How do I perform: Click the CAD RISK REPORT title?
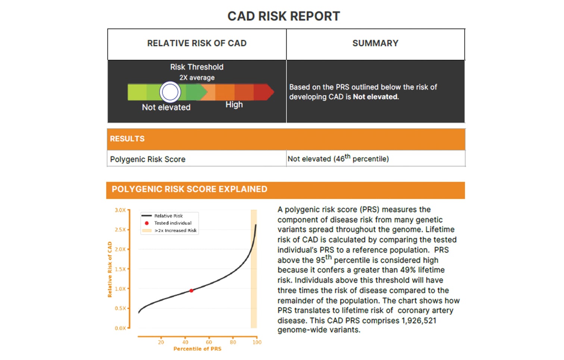[283, 16]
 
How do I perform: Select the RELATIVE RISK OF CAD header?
[197, 43]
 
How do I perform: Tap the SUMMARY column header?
[375, 43]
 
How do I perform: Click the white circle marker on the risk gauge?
[170, 92]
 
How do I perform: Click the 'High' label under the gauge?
[234, 105]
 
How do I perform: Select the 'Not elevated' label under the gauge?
[166, 107]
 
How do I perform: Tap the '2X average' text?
[197, 78]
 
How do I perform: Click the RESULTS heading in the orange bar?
[127, 139]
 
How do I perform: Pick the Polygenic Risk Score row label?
[148, 159]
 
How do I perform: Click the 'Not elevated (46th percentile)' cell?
[338, 159]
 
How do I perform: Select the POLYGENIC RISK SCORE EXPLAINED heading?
[189, 189]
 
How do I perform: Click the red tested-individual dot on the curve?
[191, 291]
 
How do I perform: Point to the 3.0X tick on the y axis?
[120, 210]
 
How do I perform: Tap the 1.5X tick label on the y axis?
[120, 269]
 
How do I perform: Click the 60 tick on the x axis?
[209, 342]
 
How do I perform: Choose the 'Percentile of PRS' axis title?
[197, 349]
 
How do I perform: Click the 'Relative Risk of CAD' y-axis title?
[110, 269]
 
